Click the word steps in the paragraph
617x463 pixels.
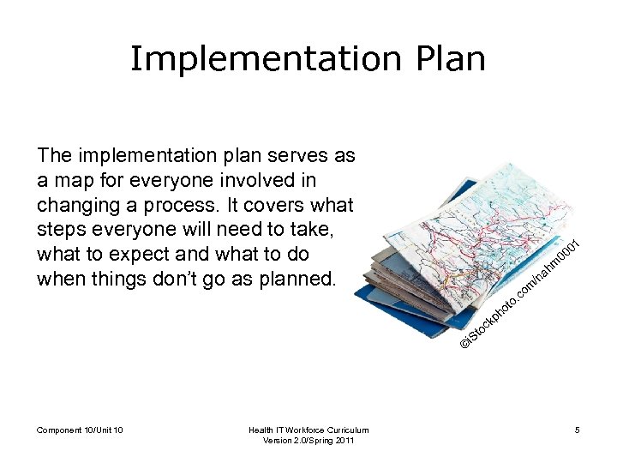click(62, 231)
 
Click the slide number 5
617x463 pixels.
click(578, 430)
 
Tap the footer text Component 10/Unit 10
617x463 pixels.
click(80, 430)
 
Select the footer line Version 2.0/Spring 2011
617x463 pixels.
click(308, 441)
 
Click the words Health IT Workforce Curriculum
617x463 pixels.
click(308, 430)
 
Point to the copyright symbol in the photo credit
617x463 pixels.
click(464, 342)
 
